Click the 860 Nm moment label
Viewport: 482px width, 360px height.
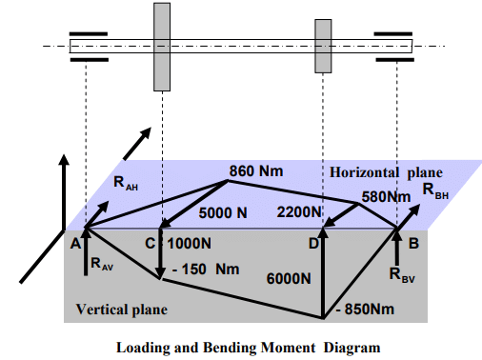[x=254, y=172]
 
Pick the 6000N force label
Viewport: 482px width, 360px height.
[x=289, y=277]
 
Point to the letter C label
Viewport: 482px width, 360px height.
[x=151, y=243]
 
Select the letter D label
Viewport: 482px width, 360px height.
[x=311, y=245]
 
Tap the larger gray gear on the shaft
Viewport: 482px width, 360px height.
[x=162, y=46]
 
